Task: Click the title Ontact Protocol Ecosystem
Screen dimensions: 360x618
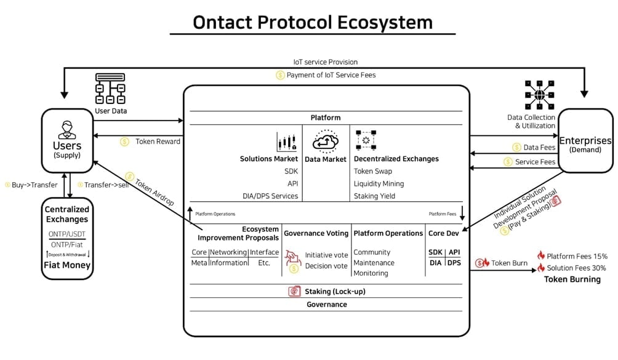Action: tap(313, 22)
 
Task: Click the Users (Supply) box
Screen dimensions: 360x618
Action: tap(67, 141)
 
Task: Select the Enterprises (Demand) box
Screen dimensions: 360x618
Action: tap(585, 141)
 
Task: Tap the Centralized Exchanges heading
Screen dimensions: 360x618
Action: tap(66, 214)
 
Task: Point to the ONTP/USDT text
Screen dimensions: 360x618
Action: tap(66, 234)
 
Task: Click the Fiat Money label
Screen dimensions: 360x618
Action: tap(66, 265)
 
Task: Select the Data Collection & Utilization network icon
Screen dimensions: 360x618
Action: tap(540, 95)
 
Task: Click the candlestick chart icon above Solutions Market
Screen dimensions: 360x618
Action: tap(287, 142)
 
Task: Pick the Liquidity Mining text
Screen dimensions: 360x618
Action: tap(379, 183)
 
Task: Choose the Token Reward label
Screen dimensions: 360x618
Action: tap(158, 142)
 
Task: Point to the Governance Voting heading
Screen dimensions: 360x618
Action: tap(316, 233)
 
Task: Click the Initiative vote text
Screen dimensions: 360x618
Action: tap(326, 255)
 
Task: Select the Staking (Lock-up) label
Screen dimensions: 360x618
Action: tap(334, 291)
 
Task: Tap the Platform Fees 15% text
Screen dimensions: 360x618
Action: tap(577, 255)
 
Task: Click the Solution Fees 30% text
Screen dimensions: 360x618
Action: tap(577, 268)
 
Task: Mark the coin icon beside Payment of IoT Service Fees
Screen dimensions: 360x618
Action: tap(280, 75)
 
